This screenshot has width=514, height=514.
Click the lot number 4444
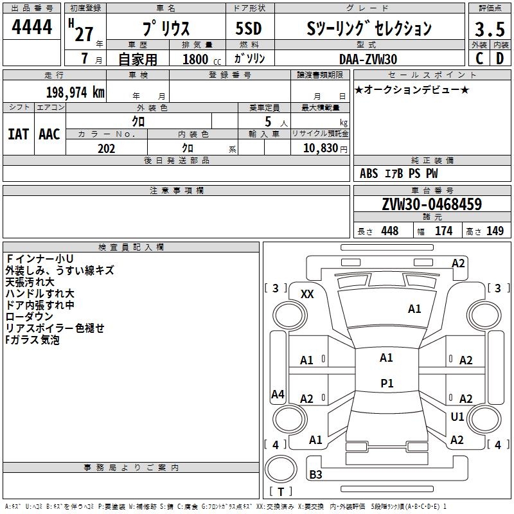click(x=31, y=28)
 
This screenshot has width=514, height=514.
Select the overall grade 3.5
click(x=488, y=30)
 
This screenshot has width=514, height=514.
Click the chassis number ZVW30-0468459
click(x=431, y=204)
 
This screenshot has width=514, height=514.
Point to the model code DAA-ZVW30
click(x=368, y=59)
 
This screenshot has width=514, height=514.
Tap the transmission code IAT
click(x=18, y=134)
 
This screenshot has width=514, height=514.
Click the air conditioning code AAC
click(x=49, y=134)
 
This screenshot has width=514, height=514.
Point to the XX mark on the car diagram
click(x=307, y=294)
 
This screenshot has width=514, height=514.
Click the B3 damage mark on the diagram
click(x=315, y=475)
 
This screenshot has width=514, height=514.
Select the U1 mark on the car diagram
click(x=457, y=417)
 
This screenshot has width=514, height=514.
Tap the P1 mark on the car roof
click(x=387, y=384)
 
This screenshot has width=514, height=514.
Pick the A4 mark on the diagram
click(x=278, y=394)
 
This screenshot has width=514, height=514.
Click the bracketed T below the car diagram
click(x=280, y=492)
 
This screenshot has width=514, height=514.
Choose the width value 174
click(x=443, y=231)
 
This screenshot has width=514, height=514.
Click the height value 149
click(x=495, y=231)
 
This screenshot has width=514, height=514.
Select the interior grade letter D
click(x=499, y=59)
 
